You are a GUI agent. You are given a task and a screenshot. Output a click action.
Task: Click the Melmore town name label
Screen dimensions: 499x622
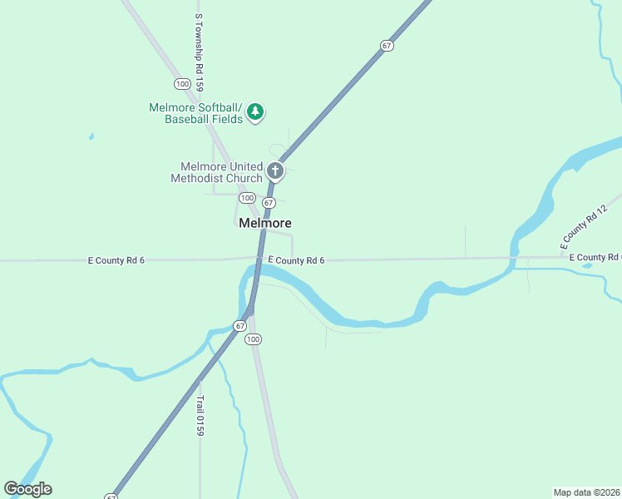click(x=264, y=224)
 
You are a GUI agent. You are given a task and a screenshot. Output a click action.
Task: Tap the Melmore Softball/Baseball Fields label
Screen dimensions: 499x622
click(x=195, y=113)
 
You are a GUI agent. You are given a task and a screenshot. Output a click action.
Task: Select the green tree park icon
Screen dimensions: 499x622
click(x=256, y=111)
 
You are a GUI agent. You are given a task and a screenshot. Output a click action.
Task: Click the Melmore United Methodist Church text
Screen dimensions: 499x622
click(x=216, y=172)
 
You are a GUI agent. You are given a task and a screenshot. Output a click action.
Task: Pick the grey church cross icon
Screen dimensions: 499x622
click(x=275, y=172)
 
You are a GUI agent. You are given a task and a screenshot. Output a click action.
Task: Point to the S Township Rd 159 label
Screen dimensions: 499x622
click(x=199, y=52)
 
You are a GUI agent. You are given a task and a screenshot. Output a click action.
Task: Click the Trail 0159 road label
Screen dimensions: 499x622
click(x=200, y=415)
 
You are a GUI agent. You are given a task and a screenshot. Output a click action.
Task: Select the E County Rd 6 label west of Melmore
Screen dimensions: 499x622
click(x=116, y=260)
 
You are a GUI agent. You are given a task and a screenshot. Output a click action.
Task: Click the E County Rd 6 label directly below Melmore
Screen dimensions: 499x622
click(x=296, y=260)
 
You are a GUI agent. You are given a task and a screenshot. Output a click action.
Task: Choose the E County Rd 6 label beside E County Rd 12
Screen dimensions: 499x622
click(x=595, y=258)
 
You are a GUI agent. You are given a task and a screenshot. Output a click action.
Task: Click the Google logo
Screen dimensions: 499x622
click(x=27, y=489)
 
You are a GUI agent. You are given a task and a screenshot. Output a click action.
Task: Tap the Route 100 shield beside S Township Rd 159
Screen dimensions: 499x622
click(x=182, y=84)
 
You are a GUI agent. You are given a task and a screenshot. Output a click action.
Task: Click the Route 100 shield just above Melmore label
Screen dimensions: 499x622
click(x=247, y=198)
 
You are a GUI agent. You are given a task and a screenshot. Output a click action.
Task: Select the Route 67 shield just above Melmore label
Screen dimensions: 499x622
click(x=269, y=203)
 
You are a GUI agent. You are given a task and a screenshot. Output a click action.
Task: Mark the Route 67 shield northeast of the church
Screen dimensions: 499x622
click(x=387, y=46)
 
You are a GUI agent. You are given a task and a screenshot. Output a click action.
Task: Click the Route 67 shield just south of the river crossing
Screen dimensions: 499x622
click(x=239, y=325)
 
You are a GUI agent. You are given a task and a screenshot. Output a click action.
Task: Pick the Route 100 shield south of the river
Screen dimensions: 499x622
click(x=254, y=339)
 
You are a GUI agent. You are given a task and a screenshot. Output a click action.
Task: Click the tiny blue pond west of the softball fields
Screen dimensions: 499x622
click(x=91, y=136)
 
